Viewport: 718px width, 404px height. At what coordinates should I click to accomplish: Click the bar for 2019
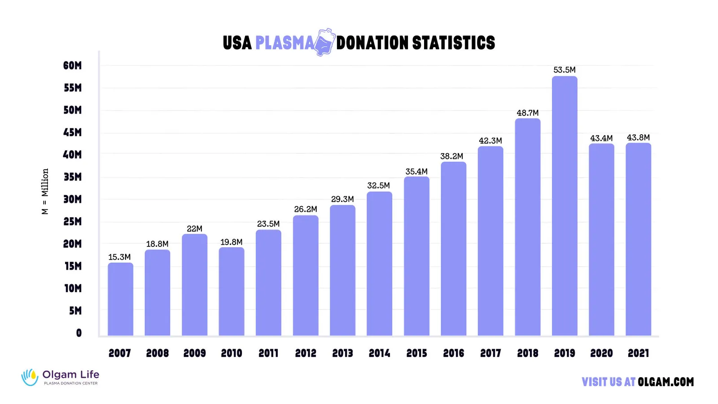(x=565, y=206)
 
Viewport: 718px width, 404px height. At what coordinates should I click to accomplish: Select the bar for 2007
(x=120, y=299)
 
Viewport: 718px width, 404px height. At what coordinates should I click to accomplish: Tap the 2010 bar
(x=232, y=292)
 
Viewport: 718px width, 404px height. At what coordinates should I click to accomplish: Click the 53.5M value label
(x=565, y=70)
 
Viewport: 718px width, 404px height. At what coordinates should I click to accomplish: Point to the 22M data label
(x=194, y=229)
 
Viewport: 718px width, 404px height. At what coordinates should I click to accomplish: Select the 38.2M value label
(x=451, y=156)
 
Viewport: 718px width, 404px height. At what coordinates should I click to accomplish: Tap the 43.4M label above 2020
(x=601, y=138)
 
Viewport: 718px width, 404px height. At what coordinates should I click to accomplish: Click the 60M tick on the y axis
(x=72, y=66)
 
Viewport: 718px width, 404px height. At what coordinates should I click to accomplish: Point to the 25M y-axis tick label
(x=72, y=222)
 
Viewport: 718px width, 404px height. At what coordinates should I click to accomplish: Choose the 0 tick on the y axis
(x=79, y=333)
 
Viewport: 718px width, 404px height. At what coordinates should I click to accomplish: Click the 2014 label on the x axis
(x=379, y=354)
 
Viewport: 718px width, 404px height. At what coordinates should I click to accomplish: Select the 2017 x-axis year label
(x=490, y=354)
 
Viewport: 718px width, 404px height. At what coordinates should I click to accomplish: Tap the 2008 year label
(x=157, y=354)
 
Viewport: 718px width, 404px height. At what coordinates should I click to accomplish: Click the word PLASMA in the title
(x=285, y=43)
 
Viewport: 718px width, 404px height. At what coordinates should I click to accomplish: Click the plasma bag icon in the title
(x=325, y=42)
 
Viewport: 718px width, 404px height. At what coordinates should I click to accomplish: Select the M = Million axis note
(x=45, y=192)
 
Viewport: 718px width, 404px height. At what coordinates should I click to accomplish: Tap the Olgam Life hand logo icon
(x=30, y=377)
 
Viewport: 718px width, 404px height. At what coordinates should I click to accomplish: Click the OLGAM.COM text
(x=665, y=382)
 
